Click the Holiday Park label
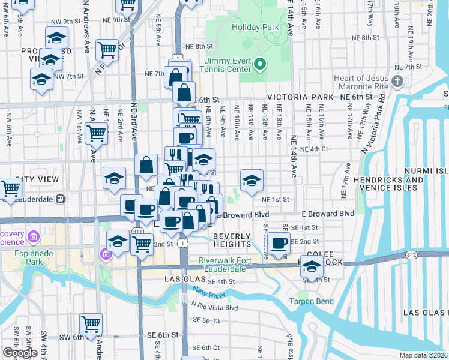coord(255,27)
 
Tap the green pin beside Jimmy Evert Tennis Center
coord(260,63)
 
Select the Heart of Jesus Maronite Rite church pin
coord(397,81)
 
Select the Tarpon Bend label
coord(307,301)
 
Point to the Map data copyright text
coord(424,355)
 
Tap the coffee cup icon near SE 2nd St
coord(279,243)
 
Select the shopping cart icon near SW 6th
coord(91,325)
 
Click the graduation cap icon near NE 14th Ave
coord(252,179)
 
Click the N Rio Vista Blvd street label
coord(215,308)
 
